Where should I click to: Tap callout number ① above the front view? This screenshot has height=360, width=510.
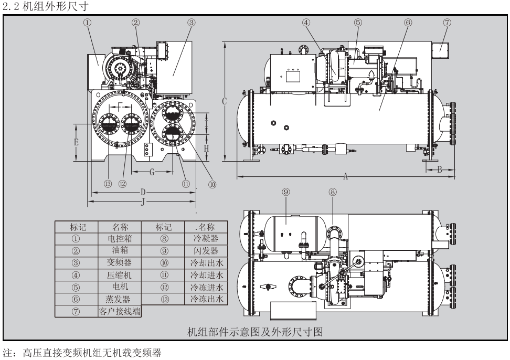88,23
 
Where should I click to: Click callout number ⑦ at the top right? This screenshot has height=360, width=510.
448,23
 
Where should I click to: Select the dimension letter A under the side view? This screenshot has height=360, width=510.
345,177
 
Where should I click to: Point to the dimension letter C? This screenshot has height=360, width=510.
224,101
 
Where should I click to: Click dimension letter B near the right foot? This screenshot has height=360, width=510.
440,169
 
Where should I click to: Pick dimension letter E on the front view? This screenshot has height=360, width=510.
76,142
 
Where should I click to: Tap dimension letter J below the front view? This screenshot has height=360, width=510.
142,201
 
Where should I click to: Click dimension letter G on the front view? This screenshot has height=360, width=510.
152,172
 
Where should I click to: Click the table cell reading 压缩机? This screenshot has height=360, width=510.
120,275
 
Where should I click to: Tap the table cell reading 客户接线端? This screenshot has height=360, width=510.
120,312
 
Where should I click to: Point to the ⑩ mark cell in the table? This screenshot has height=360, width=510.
164,263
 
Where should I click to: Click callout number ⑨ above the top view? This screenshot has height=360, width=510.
285,192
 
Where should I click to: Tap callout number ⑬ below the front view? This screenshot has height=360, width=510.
108,184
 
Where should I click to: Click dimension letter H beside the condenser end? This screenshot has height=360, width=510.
207,149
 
